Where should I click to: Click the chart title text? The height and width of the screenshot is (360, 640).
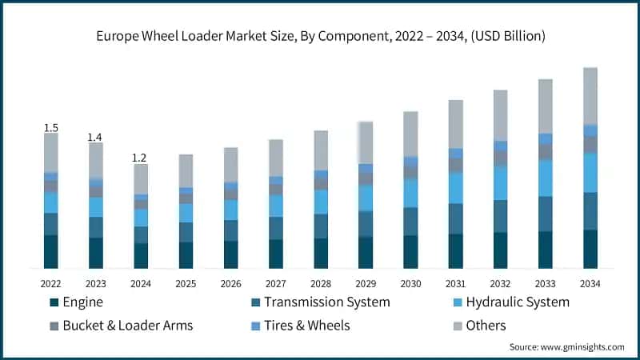coord(320,34)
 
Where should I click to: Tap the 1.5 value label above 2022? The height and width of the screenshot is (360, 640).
coord(50,127)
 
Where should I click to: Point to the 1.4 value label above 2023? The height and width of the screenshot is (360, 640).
coord(95,137)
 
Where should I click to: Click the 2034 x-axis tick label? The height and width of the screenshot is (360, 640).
coord(590,283)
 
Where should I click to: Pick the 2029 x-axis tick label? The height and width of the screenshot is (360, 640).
coord(365,283)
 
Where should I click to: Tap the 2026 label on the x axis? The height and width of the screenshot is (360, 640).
coord(230,283)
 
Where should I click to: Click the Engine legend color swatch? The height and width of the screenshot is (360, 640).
coord(54,302)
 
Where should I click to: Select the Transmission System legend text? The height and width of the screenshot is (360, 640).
coord(326,302)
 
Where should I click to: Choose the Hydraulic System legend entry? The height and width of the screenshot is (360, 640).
coord(517,302)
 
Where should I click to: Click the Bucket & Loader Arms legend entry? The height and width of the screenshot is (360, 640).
coord(127,325)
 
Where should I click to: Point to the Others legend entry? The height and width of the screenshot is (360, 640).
coord(485,325)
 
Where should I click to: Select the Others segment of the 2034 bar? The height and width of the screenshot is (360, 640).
coord(590,96)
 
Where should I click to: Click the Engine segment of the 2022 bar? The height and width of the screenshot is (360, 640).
coord(50,251)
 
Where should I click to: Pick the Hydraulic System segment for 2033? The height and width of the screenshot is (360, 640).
coord(545,178)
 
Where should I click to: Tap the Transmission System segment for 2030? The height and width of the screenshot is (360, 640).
coord(410,221)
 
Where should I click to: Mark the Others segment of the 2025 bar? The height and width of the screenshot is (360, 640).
coord(186,170)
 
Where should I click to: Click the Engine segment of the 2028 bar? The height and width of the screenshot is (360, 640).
coord(320,253)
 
